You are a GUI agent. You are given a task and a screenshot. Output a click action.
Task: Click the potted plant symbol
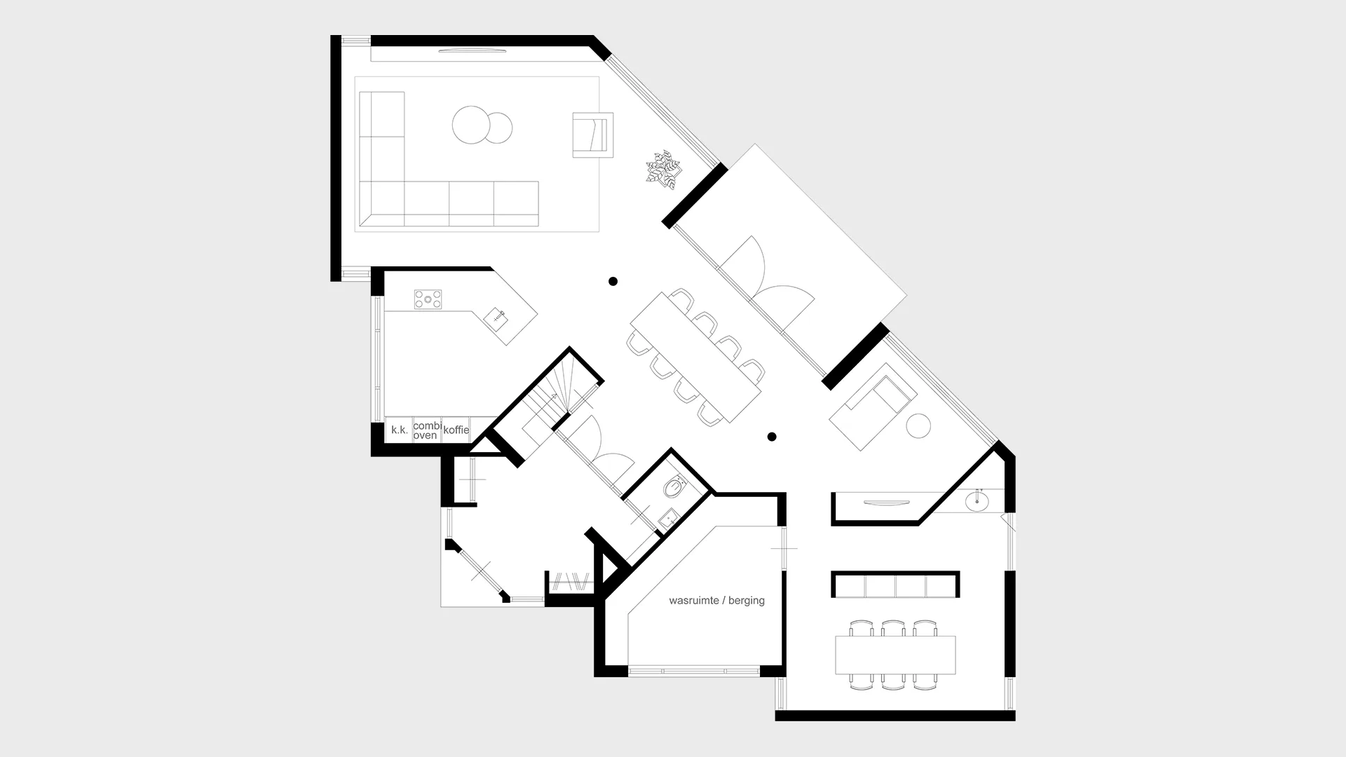pyautogui.click(x=662, y=169)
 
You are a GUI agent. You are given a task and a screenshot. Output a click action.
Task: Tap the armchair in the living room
pyautogui.click(x=592, y=135)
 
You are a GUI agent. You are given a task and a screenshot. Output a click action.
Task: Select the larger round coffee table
pyautogui.click(x=470, y=125)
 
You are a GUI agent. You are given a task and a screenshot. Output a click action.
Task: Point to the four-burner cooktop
pyautogui.click(x=428, y=299)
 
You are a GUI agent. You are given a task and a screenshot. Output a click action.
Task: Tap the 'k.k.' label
pyautogui.click(x=399, y=430)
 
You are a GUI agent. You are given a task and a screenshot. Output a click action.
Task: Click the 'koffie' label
pyautogui.click(x=456, y=430)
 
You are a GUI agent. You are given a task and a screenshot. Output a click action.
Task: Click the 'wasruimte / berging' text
pyautogui.click(x=716, y=601)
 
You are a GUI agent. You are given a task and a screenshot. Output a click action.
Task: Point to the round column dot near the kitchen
pyautogui.click(x=613, y=281)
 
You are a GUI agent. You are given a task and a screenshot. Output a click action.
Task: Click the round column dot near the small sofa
pyautogui.click(x=772, y=437)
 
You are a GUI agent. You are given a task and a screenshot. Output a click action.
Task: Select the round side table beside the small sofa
pyautogui.click(x=918, y=426)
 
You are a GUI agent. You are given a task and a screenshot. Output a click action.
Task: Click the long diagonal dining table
pyautogui.click(x=695, y=357)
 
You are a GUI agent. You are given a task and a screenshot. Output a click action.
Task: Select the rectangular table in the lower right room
pyautogui.click(x=895, y=655)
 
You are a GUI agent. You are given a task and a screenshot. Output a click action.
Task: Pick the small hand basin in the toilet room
pyautogui.click(x=668, y=519)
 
